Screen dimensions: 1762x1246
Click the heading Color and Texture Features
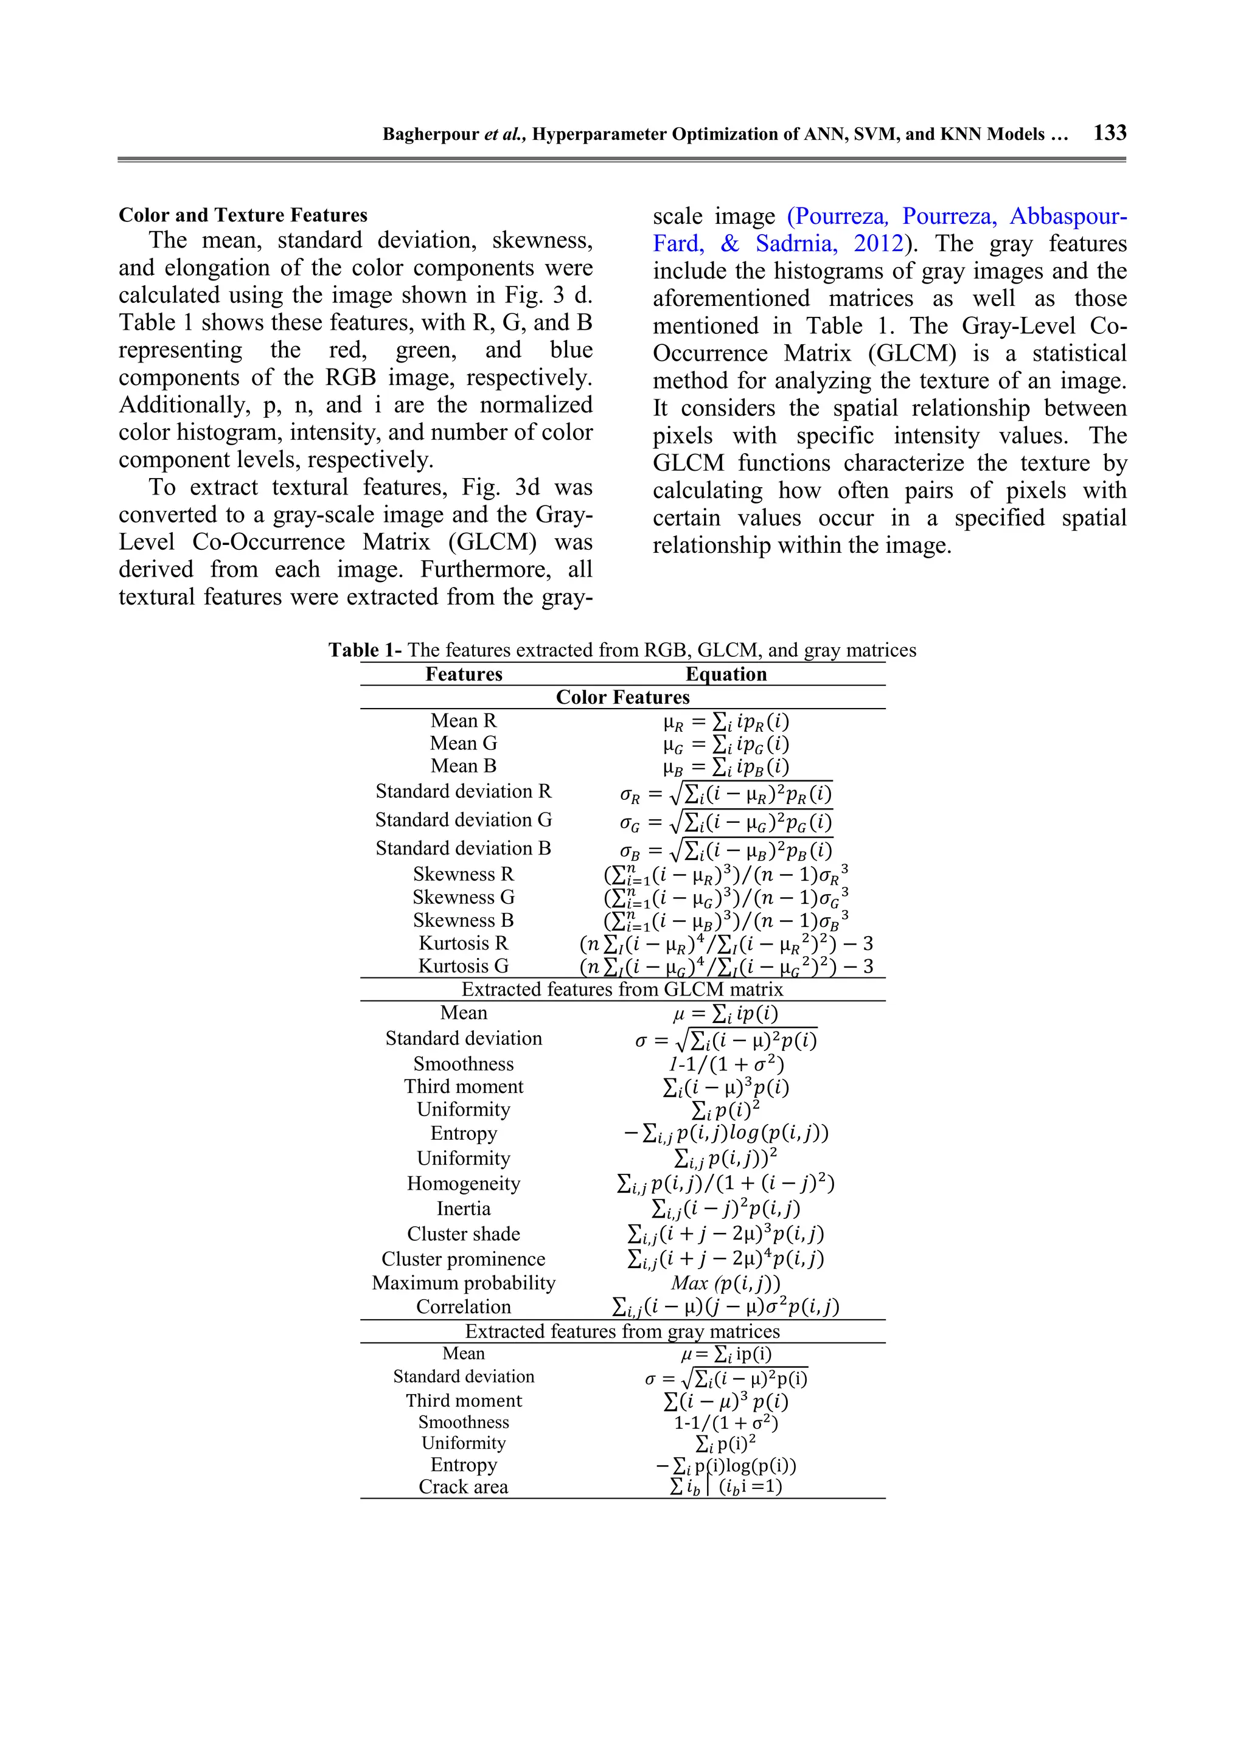tap(243, 215)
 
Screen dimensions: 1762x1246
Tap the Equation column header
tap(725, 674)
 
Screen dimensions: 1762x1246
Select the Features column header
tap(464, 674)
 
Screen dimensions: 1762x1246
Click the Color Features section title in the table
tap(622, 697)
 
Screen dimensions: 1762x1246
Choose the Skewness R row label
tap(463, 874)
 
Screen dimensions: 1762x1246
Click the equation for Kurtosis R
tap(725, 943)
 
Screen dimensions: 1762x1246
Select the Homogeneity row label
tap(463, 1184)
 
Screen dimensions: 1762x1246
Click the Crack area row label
tap(463, 1486)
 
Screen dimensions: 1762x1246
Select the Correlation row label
tap(463, 1306)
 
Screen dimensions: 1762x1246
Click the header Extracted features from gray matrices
tap(622, 1331)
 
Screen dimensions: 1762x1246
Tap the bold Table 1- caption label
tap(364, 650)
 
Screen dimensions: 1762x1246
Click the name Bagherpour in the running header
tap(431, 134)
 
